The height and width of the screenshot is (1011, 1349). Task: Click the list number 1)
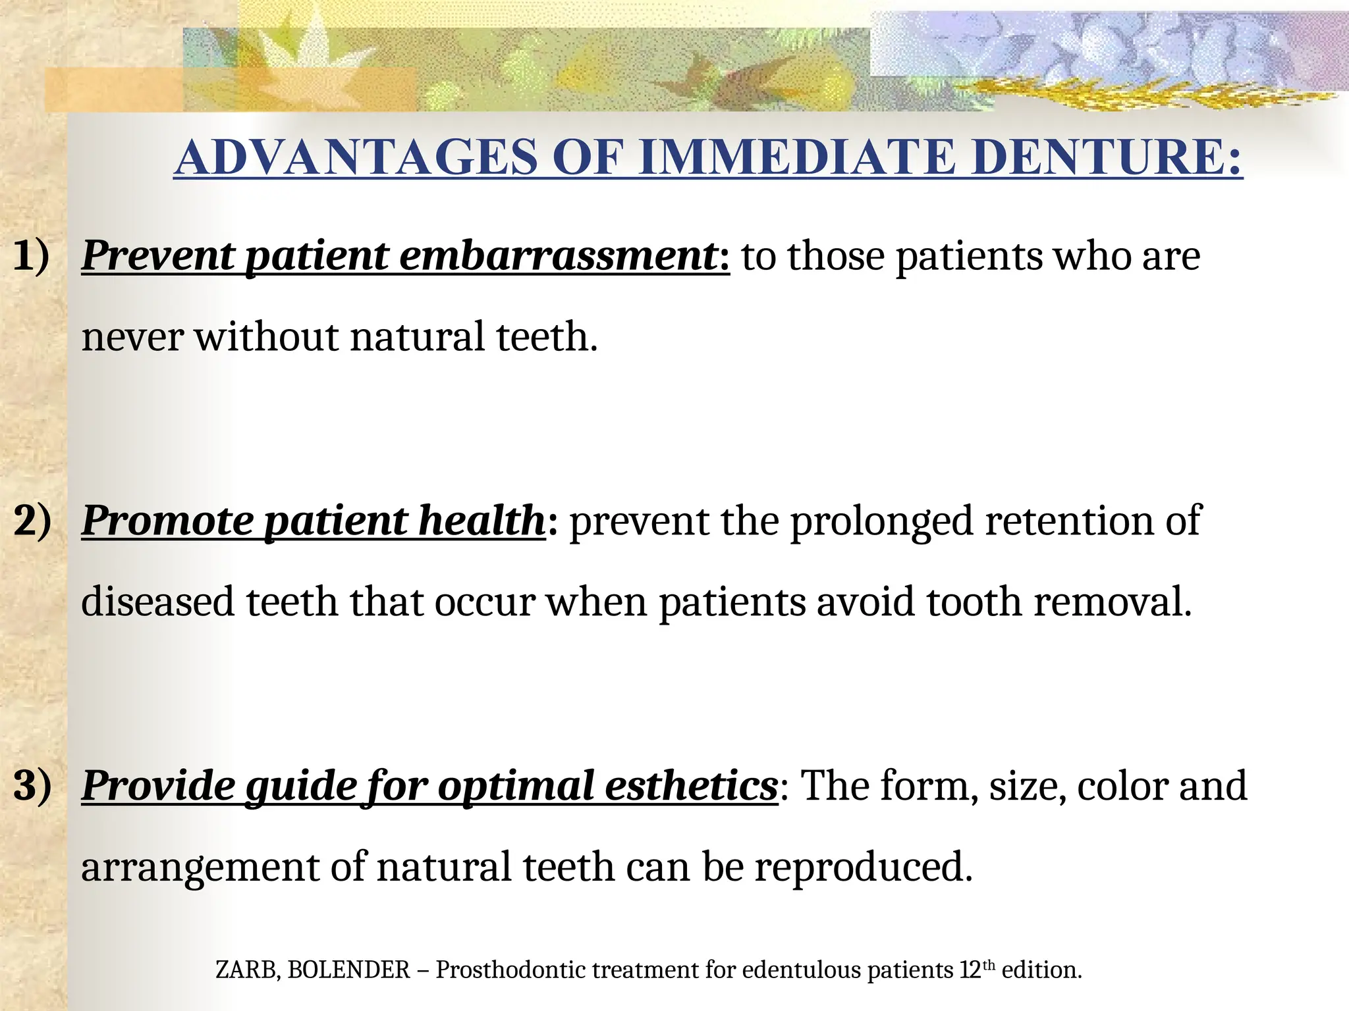(31, 255)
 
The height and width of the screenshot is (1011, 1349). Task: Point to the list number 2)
(32, 521)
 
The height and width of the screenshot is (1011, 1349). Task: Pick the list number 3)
(32, 785)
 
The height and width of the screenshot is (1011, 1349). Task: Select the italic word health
(481, 521)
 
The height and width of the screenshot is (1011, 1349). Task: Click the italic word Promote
(167, 521)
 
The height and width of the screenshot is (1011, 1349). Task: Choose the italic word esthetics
(691, 785)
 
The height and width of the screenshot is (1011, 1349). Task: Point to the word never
(132, 337)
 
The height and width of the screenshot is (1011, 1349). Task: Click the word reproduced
(863, 868)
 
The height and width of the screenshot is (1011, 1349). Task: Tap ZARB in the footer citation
(246, 970)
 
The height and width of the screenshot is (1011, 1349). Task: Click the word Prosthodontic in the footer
(510, 970)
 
